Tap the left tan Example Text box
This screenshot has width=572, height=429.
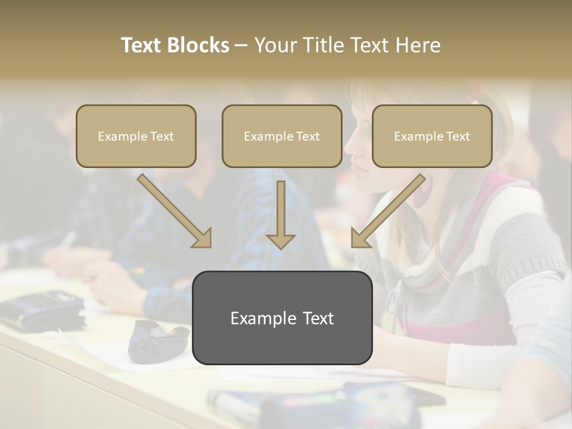[136, 136]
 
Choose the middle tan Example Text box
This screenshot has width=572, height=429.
[282, 136]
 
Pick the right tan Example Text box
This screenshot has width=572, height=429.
[432, 136]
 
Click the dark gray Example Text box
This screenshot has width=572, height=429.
[282, 318]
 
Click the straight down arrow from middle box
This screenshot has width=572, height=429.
[281, 214]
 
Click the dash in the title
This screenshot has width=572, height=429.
[241, 45]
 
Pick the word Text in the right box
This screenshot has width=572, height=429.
[458, 136]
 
